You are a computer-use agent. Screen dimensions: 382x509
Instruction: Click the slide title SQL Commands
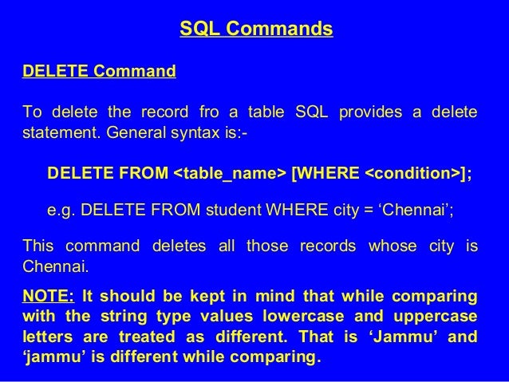click(x=255, y=30)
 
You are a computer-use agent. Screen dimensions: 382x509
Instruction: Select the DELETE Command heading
click(x=99, y=72)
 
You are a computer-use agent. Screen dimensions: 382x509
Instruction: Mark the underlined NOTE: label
click(x=49, y=296)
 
